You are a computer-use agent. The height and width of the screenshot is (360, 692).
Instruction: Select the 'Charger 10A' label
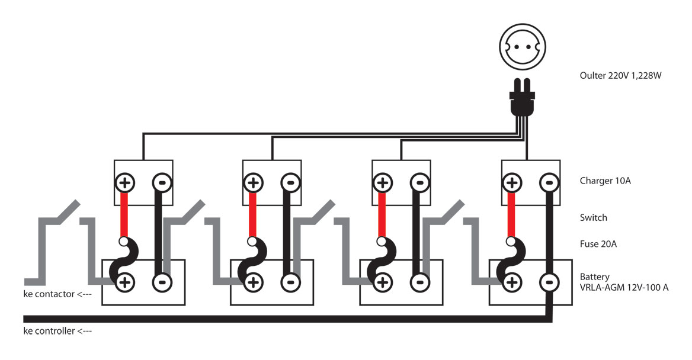(x=605, y=181)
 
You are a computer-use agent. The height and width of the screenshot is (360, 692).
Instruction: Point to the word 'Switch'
(x=593, y=217)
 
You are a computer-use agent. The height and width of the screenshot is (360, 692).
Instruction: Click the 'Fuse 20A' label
(x=598, y=243)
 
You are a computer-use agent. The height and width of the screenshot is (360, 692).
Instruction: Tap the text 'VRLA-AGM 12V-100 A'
(x=624, y=288)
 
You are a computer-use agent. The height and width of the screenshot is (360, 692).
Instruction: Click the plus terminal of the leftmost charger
(x=124, y=182)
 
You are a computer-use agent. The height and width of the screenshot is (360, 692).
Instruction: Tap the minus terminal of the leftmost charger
(x=161, y=182)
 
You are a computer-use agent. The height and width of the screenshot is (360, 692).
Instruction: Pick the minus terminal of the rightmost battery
(x=549, y=282)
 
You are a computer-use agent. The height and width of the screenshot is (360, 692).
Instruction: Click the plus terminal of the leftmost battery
(x=124, y=282)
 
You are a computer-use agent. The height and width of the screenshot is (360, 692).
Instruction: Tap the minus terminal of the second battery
(x=290, y=282)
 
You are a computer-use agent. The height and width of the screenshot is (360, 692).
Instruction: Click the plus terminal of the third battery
(x=383, y=282)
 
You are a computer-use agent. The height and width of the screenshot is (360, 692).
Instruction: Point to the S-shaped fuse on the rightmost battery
(x=514, y=259)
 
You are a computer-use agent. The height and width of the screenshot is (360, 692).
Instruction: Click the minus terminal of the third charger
(x=419, y=182)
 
